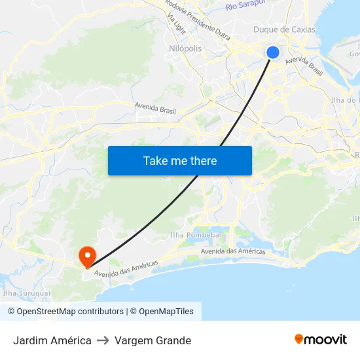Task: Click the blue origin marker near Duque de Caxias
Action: [273, 52]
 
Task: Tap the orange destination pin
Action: [86, 255]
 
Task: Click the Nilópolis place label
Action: [185, 48]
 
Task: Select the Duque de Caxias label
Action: [284, 29]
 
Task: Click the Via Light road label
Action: [176, 23]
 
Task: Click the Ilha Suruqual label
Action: [27, 294]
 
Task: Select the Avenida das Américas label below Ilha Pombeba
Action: [233, 251]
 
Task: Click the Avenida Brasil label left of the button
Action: [155, 108]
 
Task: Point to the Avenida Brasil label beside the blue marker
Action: [304, 65]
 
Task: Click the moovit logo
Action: [320, 340]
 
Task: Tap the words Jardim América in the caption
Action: [52, 340]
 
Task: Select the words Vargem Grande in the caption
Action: [153, 340]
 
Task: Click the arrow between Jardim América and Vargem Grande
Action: [103, 340]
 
